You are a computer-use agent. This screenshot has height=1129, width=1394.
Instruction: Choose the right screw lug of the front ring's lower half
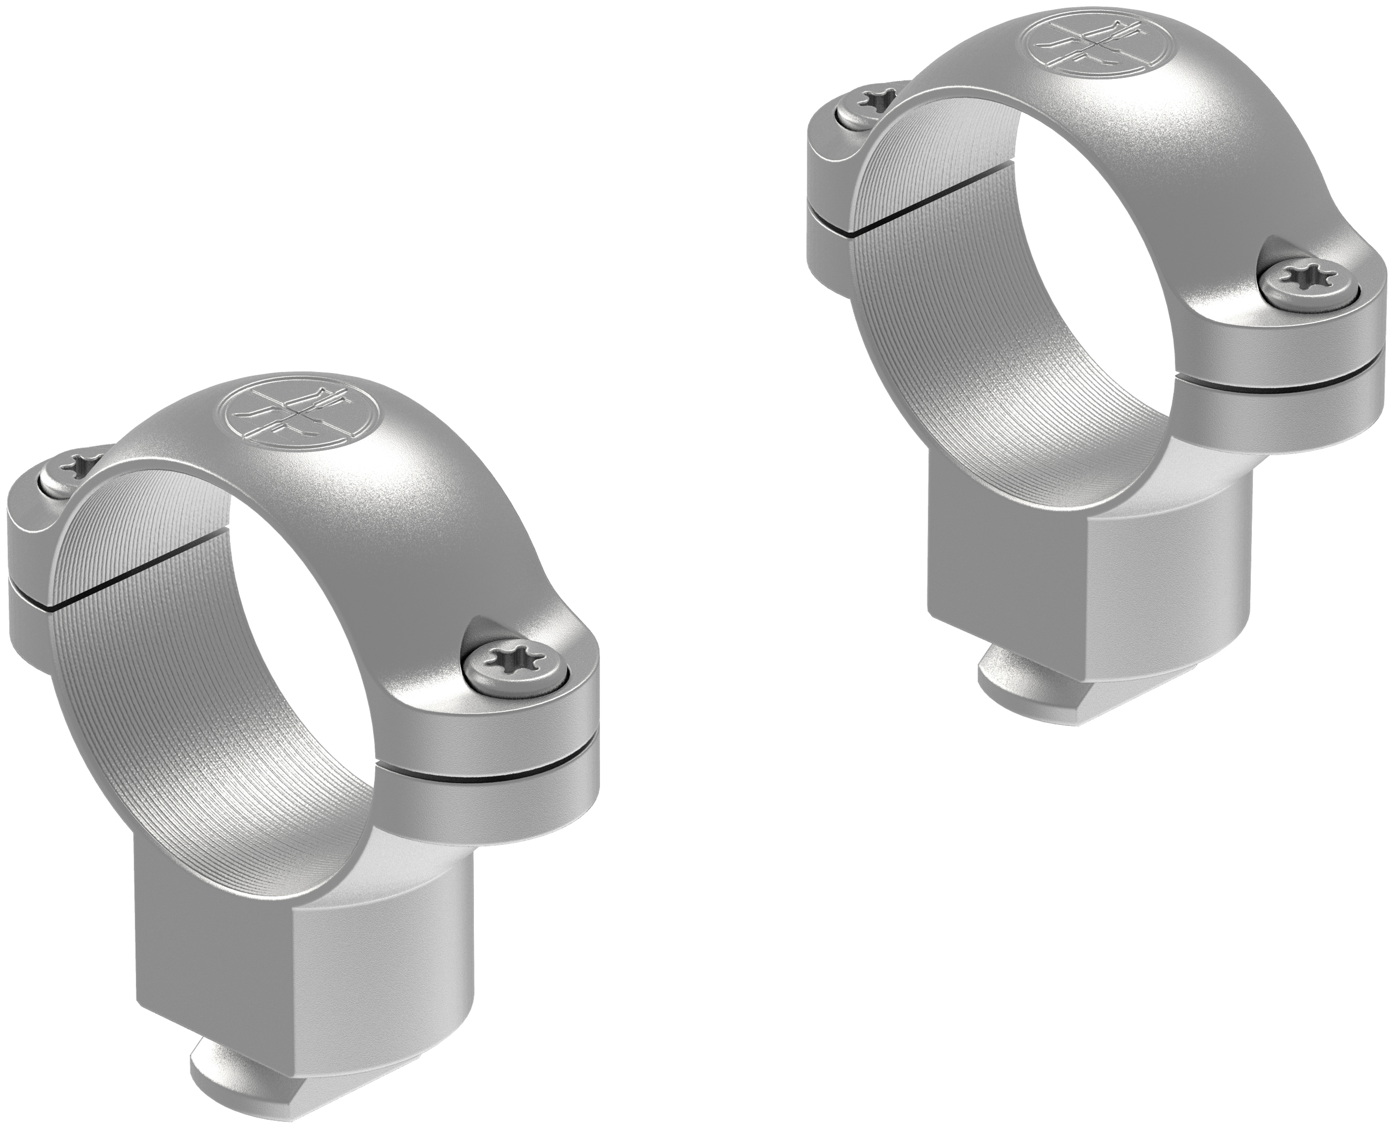(494, 806)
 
